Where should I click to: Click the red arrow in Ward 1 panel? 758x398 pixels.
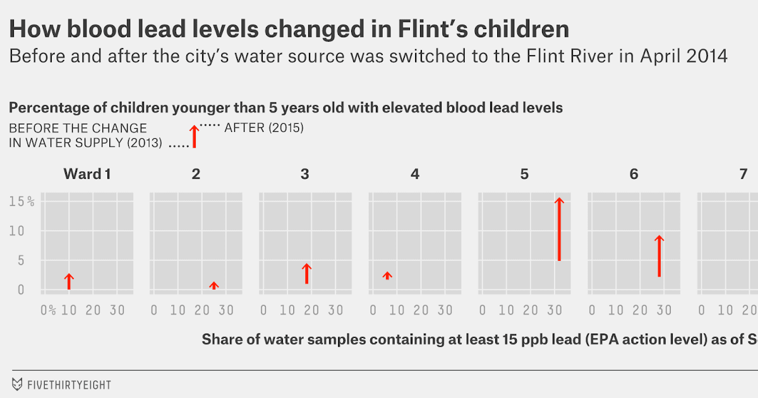[x=69, y=282]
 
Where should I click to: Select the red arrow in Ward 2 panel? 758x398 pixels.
[x=214, y=286]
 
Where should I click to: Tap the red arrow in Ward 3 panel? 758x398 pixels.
[x=306, y=274]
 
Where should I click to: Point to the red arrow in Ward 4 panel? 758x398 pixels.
[x=387, y=275]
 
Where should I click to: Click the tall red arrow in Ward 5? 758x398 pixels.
[x=559, y=229]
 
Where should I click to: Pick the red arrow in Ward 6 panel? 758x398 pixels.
[x=659, y=256]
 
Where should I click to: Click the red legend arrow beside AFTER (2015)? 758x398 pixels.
[x=195, y=136]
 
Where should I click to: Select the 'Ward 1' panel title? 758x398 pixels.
[x=87, y=174]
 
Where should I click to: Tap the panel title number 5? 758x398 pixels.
[x=524, y=174]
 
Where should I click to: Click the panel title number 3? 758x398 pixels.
[x=305, y=174]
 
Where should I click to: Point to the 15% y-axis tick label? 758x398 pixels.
[x=21, y=202]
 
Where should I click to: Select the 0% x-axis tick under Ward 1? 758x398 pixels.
[x=48, y=310]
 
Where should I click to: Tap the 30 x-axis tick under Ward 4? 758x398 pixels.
[x=445, y=310]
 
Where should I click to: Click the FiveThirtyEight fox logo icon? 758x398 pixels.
[x=17, y=383]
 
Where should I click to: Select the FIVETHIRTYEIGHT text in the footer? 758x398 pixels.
[x=69, y=384]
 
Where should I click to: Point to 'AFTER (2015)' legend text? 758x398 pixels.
[x=264, y=128]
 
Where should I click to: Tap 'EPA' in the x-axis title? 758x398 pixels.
[x=599, y=340]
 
